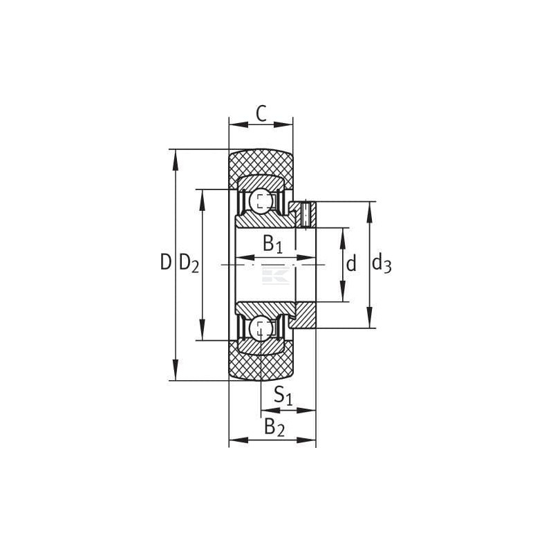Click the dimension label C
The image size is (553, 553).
point(261,113)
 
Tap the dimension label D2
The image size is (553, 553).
point(189,263)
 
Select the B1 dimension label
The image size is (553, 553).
point(273,244)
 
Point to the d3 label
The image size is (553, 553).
point(382,263)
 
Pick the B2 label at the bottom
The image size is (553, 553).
point(274,427)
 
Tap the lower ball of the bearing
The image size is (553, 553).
point(261,329)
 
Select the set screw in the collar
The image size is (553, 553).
point(306,214)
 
